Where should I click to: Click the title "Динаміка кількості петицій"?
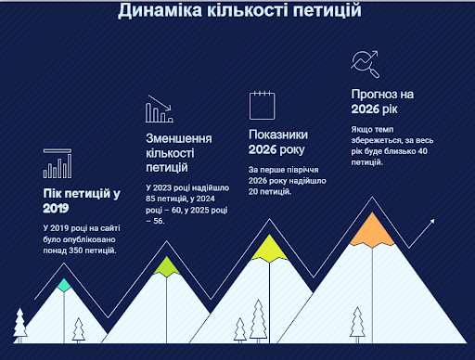(x=239, y=10)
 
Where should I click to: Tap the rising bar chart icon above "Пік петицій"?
(x=58, y=163)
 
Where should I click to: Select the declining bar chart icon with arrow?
(x=160, y=109)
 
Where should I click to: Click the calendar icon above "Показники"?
(x=262, y=105)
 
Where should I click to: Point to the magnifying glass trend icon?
(x=365, y=64)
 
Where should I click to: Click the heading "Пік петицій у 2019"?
(x=82, y=200)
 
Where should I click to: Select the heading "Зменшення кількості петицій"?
(x=179, y=153)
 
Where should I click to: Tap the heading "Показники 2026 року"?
(x=278, y=142)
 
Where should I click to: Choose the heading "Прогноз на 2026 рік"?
(x=382, y=102)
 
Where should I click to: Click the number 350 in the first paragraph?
(x=75, y=251)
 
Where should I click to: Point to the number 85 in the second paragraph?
(x=150, y=199)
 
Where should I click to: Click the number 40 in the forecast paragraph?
(x=422, y=151)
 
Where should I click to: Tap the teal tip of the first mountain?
(x=64, y=285)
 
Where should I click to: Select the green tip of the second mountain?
(x=167, y=266)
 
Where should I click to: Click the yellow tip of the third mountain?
(x=269, y=249)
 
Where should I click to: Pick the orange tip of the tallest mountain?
(x=372, y=230)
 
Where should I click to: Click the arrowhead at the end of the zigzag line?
(x=432, y=221)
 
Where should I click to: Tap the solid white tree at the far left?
(x=20, y=325)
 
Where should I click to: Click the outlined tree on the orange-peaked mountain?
(x=357, y=325)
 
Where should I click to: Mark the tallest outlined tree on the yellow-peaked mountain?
(x=258, y=321)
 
